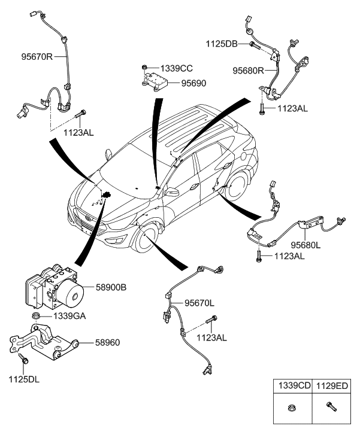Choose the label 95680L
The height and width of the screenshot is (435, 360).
(307, 244)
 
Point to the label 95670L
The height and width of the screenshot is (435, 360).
(201, 302)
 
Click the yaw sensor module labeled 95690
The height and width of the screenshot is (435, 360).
(153, 79)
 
